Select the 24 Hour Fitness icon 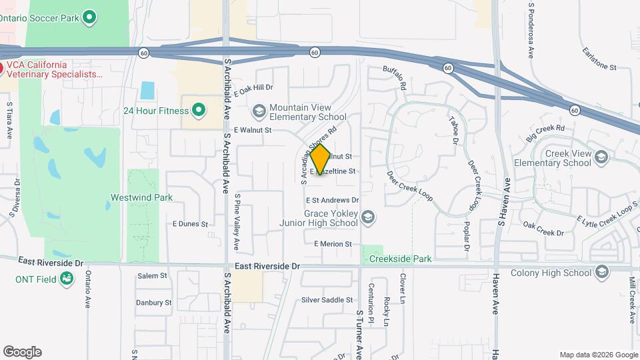(198, 110)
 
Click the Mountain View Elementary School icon (259, 111)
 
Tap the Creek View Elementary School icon (601, 157)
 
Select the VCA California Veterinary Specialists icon (2, 68)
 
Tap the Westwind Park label (141, 197)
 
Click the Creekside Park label (400, 259)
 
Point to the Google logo (22, 352)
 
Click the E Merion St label (333, 244)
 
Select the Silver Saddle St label (327, 300)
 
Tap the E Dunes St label (190, 224)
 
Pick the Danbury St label (154, 302)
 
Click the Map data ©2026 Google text (598, 355)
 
